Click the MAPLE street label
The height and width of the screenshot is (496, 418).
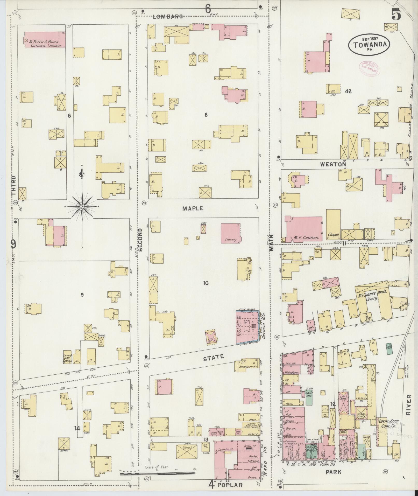click(192, 208)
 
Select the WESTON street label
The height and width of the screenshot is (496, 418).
click(333, 164)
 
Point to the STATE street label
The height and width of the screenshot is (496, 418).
click(213, 357)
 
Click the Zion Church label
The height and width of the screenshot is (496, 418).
click(67, 358)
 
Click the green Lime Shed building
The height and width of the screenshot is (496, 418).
click(389, 347)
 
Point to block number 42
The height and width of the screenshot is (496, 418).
click(348, 91)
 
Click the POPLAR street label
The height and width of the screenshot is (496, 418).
click(230, 485)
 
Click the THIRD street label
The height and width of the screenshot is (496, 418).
click(13, 185)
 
